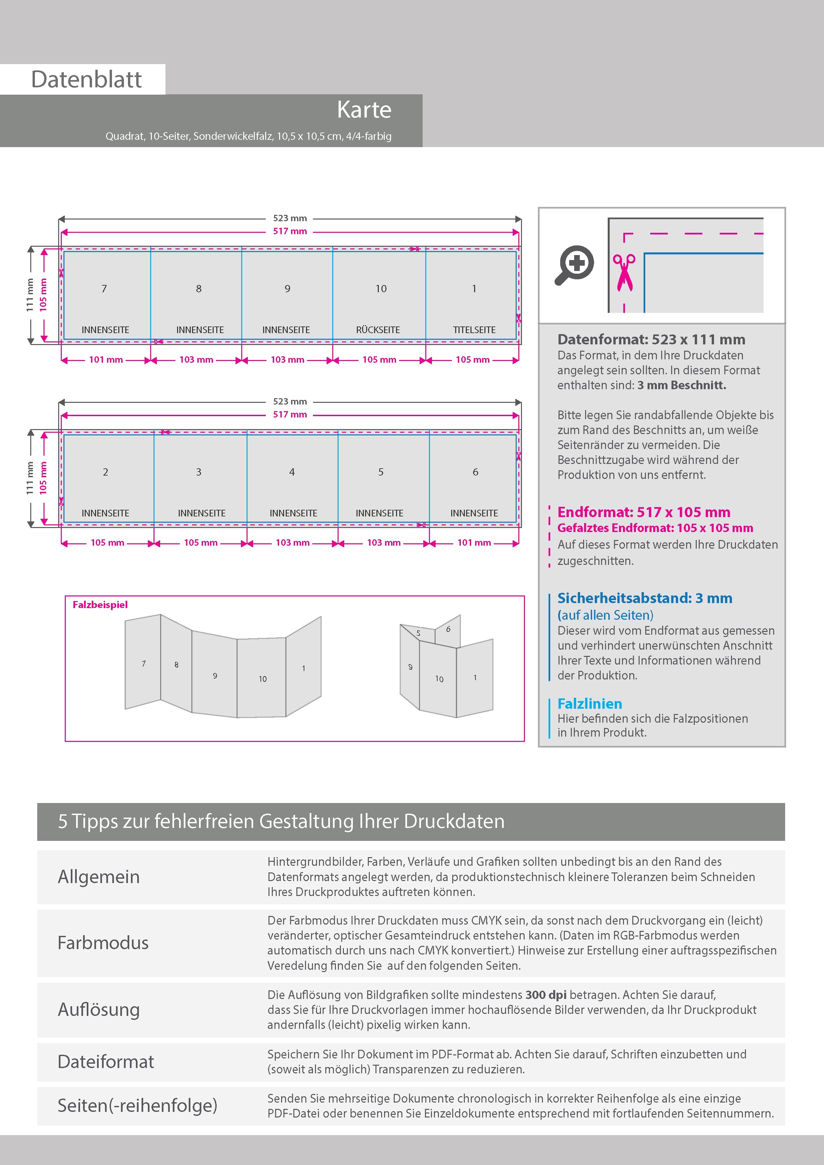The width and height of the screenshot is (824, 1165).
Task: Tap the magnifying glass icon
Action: pos(574,265)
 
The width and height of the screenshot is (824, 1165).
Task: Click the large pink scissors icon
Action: pos(624,272)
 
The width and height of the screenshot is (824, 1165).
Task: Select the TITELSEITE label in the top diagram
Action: pos(474,330)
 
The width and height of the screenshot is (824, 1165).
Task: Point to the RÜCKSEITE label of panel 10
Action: pos(378,330)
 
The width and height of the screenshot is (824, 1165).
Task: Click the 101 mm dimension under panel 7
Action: pos(106,360)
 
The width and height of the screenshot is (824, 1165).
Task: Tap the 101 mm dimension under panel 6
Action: pos(474,543)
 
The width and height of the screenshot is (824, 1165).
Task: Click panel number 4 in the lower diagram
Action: pos(292,472)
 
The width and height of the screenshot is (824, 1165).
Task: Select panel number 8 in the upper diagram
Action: pos(198,289)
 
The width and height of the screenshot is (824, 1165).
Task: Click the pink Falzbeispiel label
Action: pos(100,605)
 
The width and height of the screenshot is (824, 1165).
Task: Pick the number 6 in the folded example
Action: pos(448,629)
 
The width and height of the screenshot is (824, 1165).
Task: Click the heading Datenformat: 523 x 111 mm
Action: pos(651,339)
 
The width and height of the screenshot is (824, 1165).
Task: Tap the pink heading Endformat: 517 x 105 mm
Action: pos(643,512)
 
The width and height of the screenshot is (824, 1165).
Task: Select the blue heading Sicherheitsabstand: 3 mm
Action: pos(644,598)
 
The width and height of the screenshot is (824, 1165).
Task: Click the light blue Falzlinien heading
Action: pos(589,704)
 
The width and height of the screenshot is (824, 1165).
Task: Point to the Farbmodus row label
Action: pos(103,943)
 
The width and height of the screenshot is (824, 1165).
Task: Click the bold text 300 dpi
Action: pos(546,995)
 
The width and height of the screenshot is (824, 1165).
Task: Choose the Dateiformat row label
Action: pos(106,1061)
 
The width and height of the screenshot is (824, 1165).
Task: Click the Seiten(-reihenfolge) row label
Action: pos(137,1105)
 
